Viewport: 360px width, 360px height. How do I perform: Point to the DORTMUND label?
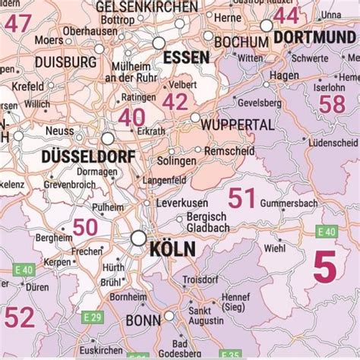tap(314, 36)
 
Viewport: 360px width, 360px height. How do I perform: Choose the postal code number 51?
tap(242, 198)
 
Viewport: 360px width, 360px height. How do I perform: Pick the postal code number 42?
tap(175, 102)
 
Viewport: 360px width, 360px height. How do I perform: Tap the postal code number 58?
tap(332, 104)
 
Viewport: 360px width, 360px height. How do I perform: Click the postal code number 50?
tap(85, 226)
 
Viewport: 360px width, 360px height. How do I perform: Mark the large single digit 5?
tap(324, 268)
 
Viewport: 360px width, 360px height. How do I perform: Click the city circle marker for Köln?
tap(138, 238)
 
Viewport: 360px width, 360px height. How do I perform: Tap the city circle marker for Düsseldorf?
tap(109, 139)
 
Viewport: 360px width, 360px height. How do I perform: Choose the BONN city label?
tap(138, 320)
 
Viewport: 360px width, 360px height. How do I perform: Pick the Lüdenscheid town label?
tap(333, 142)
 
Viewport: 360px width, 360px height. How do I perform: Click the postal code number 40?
tap(131, 117)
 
